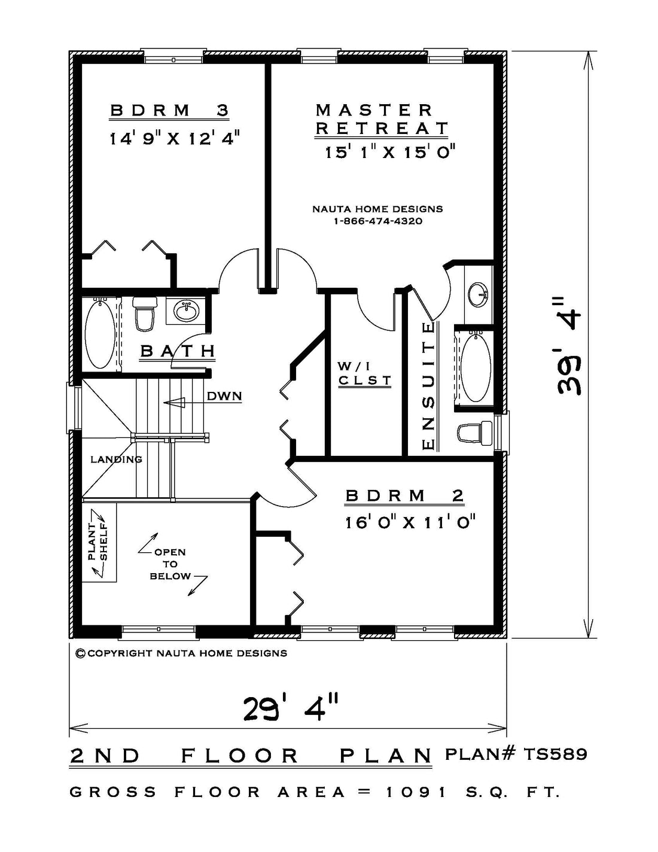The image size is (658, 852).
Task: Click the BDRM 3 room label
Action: pos(169,110)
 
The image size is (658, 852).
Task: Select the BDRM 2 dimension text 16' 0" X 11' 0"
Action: pos(410,523)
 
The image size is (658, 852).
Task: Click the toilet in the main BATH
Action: pos(145,314)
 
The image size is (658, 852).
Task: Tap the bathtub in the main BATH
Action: pos(100,333)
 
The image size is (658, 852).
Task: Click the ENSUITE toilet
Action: pos(475,433)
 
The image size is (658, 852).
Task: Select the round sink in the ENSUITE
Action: pos(478,294)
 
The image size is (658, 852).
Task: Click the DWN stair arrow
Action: pos(174,403)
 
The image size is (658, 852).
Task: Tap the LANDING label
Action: pos(117,459)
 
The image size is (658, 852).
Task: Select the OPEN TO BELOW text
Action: pos(170,564)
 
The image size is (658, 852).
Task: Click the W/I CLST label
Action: pos(365,374)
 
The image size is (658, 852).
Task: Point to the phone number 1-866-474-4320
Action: pos(378,221)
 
